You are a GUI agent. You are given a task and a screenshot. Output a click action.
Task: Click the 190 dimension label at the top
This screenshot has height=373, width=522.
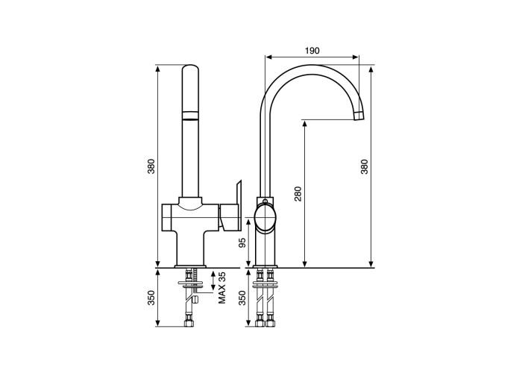312,51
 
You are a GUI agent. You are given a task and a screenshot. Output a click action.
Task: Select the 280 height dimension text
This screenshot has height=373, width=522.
298,194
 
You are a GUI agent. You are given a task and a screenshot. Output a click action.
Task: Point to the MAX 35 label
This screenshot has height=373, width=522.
222,287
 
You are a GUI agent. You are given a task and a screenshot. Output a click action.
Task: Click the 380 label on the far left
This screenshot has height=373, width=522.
151,166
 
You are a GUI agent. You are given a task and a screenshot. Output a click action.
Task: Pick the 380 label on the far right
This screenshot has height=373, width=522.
364,166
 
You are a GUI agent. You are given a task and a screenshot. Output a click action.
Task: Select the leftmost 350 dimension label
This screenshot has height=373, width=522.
151,298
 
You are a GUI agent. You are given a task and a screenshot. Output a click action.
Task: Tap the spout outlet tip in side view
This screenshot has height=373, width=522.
359,115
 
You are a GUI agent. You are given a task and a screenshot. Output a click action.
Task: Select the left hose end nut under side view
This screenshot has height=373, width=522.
259,322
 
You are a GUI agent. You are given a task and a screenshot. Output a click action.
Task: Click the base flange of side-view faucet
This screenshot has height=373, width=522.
265,265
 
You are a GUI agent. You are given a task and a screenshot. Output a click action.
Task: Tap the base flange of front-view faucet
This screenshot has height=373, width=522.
191,265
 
